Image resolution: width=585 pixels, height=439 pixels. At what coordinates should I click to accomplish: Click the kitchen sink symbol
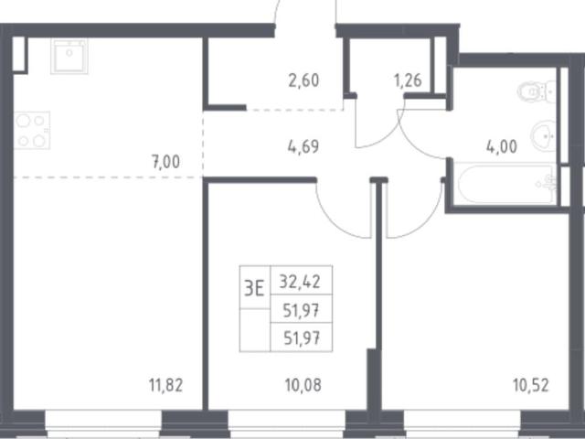pyautogui.click(x=69, y=56)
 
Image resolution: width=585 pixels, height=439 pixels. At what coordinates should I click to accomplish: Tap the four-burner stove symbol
pyautogui.click(x=32, y=130)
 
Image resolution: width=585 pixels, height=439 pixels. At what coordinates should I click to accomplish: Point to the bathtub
pyautogui.click(x=505, y=184)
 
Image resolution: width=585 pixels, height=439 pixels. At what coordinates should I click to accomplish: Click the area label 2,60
pyautogui.click(x=303, y=80)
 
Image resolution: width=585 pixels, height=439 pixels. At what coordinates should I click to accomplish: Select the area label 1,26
pyautogui.click(x=408, y=80)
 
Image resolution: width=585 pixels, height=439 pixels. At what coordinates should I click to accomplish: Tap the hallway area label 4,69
pyautogui.click(x=303, y=146)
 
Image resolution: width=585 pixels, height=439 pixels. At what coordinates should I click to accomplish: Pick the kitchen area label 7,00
pyautogui.click(x=165, y=162)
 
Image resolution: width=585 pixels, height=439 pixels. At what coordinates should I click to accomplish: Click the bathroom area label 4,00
pyautogui.click(x=502, y=146)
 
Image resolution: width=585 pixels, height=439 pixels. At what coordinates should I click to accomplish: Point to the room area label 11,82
pyautogui.click(x=166, y=385)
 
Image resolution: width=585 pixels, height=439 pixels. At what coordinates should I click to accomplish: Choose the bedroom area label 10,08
pyautogui.click(x=303, y=385)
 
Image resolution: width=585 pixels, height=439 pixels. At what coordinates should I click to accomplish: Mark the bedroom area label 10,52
pyautogui.click(x=531, y=385)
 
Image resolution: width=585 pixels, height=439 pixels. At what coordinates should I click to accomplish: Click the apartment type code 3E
pyautogui.click(x=254, y=289)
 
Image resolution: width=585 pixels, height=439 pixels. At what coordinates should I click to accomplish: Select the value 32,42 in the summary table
pyautogui.click(x=300, y=282)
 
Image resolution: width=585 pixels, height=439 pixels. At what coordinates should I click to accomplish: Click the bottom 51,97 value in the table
pyautogui.click(x=302, y=338)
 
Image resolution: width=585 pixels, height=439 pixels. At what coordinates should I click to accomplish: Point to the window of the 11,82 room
pyautogui.click(x=103, y=424)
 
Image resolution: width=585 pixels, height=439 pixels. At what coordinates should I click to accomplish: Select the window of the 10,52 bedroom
pyautogui.click(x=462, y=424)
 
